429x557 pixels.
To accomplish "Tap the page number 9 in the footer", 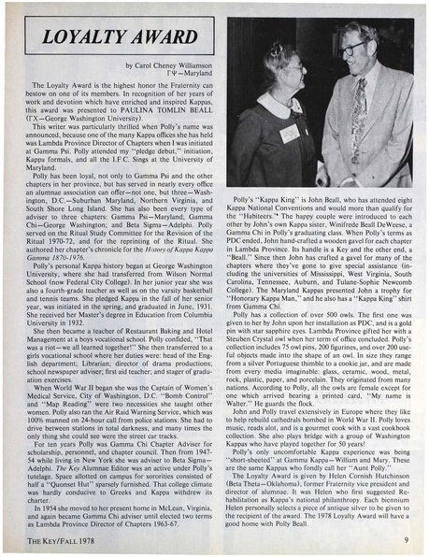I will click(x=404, y=539).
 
